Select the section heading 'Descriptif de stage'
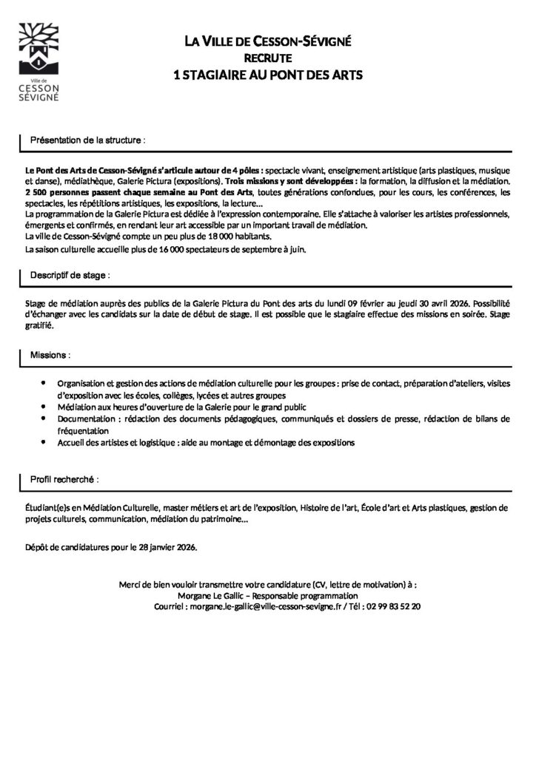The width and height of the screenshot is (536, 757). coord(70,275)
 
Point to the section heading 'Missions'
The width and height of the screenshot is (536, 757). coord(50,355)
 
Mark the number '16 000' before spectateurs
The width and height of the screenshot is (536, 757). coord(195,250)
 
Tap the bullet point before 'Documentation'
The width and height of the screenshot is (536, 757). coord(44,418)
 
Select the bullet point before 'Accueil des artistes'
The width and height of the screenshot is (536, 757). coord(44,442)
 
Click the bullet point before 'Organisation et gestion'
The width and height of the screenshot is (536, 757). coord(44,383)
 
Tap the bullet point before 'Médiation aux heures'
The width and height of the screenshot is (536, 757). coord(44,407)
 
